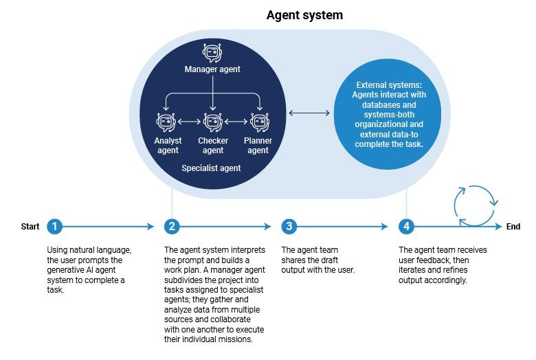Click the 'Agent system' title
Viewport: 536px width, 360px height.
click(x=304, y=14)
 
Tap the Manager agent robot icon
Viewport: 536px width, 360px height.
click(x=212, y=52)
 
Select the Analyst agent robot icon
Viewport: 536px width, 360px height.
click(x=167, y=122)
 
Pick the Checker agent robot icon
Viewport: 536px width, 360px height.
click(x=212, y=122)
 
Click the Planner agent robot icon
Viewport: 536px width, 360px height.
click(x=258, y=122)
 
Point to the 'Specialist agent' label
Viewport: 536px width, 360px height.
click(x=211, y=168)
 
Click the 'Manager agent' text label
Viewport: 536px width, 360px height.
click(x=212, y=69)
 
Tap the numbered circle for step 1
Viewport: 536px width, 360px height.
click(x=55, y=226)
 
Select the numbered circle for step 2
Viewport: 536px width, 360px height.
click(x=172, y=226)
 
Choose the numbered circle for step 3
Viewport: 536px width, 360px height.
click(x=289, y=226)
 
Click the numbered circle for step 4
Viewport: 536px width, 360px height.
click(x=407, y=226)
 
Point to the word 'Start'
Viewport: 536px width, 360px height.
click(x=30, y=227)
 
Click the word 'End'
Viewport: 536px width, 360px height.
click(x=513, y=227)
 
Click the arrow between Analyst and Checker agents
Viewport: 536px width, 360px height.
click(x=190, y=122)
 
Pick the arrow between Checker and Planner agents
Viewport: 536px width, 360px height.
click(x=236, y=122)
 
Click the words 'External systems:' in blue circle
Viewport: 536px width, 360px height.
click(x=389, y=85)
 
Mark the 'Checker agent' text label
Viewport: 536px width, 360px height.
click(x=212, y=146)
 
